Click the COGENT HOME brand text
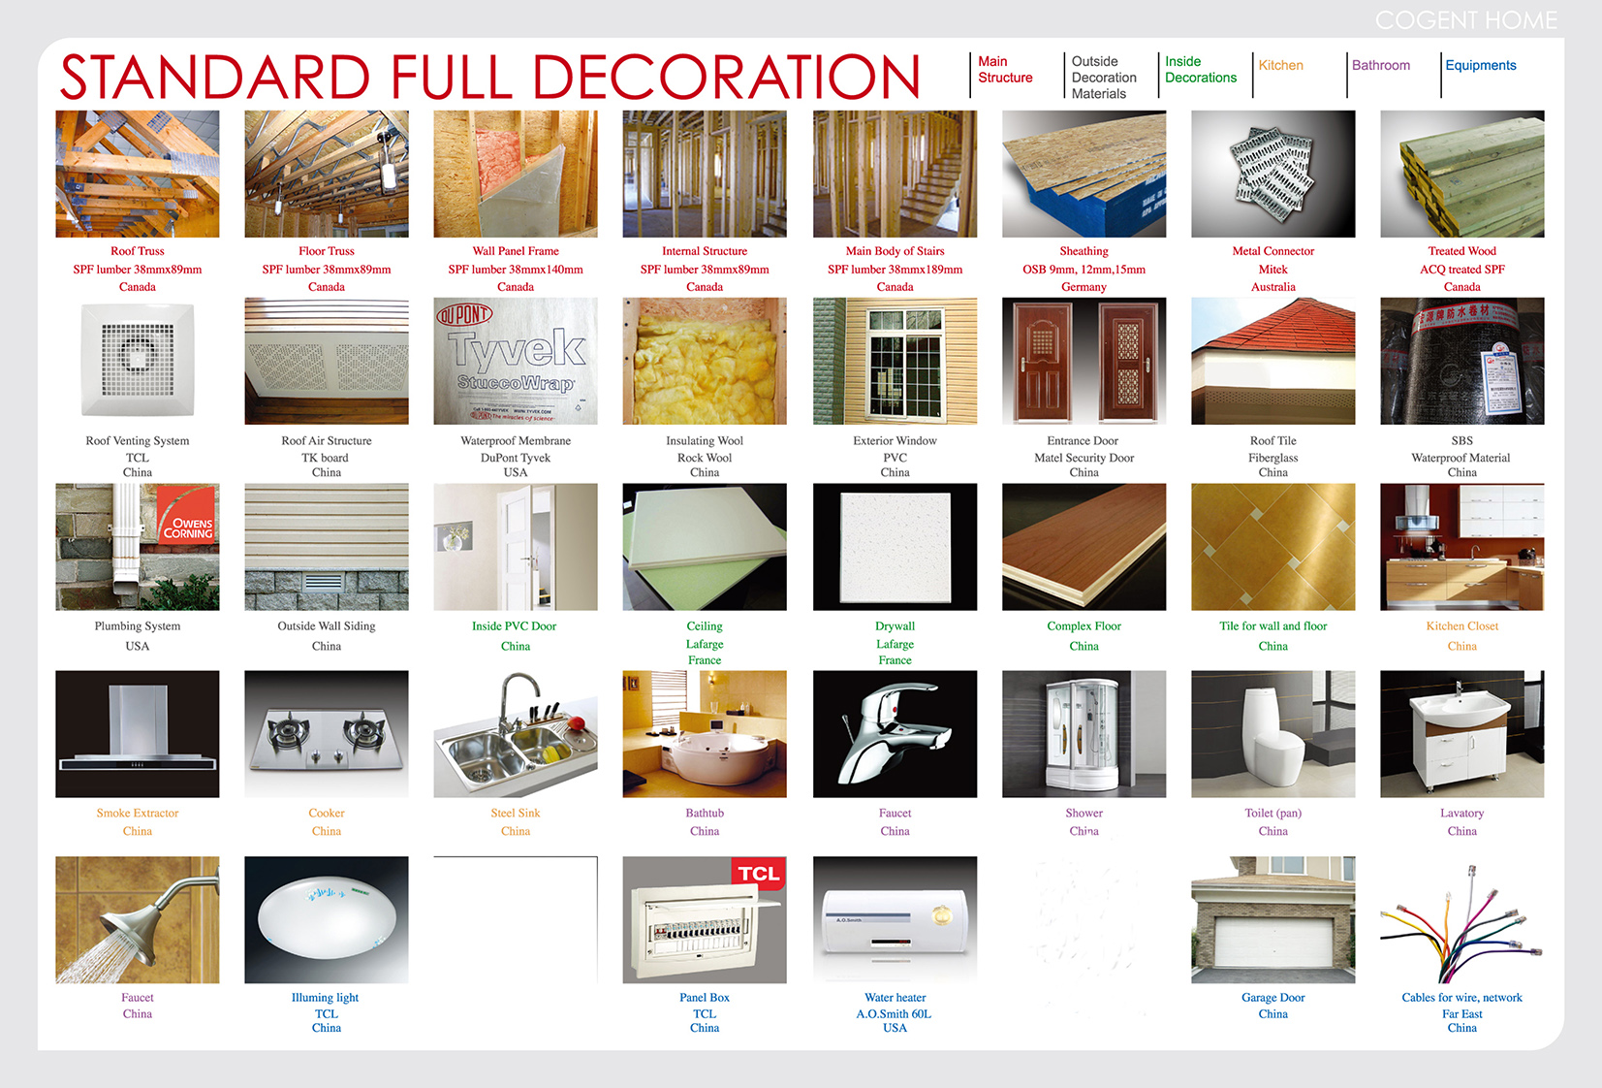pos(1465,20)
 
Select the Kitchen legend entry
pos(1280,65)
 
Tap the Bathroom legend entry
pos(1380,65)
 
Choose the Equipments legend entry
pos(1480,65)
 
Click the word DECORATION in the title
pos(726,78)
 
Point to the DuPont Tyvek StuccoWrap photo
pos(516,361)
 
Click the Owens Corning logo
pos(188,527)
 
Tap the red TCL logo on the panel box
pos(758,874)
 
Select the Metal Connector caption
pos(1272,251)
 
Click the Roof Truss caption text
pos(138,251)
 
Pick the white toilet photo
pos(1272,734)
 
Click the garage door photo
pos(1272,920)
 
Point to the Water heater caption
pos(895,997)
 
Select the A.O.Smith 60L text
pos(894,1013)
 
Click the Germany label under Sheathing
pos(1084,287)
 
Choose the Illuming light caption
pos(326,997)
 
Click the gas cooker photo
pos(327,734)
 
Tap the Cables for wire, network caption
pos(1461,997)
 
